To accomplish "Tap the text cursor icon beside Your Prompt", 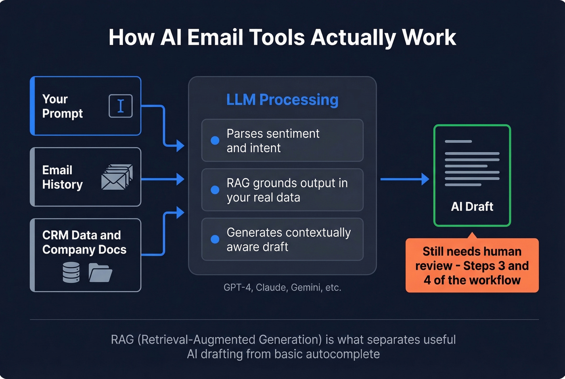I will [x=120, y=106].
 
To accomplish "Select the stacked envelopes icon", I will [x=117, y=177].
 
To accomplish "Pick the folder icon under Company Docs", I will [x=100, y=272].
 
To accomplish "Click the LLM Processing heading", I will [x=282, y=100].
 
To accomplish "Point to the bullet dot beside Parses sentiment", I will [x=215, y=140].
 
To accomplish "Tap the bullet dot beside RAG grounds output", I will [x=215, y=190].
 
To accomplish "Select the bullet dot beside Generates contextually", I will [x=215, y=239].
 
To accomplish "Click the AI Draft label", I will [x=472, y=207].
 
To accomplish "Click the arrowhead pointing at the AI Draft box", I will [x=425, y=179].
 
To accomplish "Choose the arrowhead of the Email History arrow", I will [x=180, y=179].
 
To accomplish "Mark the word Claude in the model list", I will [x=272, y=287].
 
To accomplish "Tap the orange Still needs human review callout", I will [x=472, y=266].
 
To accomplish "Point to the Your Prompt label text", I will [x=62, y=106].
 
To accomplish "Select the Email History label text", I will [x=62, y=177].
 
